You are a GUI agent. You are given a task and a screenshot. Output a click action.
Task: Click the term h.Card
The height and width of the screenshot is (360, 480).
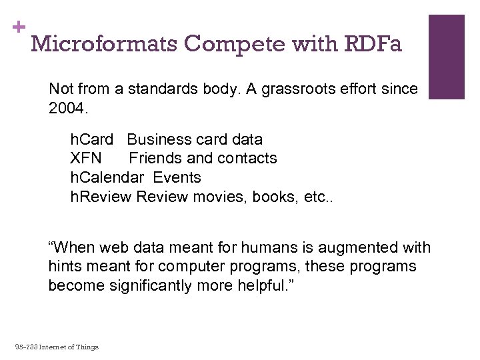(x=92, y=139)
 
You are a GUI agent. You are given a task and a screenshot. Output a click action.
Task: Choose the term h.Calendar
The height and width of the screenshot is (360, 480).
(x=107, y=177)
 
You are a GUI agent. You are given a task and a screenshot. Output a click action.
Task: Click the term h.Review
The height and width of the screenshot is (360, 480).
(x=101, y=196)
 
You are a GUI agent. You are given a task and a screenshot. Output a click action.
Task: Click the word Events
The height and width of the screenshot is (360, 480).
(x=177, y=177)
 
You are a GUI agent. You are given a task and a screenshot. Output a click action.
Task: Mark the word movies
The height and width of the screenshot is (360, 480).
(x=216, y=196)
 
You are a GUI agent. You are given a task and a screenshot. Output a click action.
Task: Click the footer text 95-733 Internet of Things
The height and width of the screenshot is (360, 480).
(x=57, y=347)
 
